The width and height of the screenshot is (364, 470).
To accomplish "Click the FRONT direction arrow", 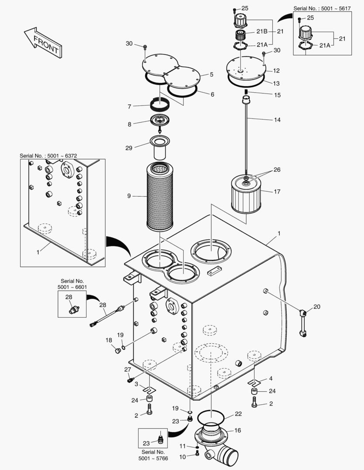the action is pos(43,42).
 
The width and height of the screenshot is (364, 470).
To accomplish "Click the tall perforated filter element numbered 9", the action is pos(160,196).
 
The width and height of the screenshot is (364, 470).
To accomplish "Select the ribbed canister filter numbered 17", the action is pos(246,195).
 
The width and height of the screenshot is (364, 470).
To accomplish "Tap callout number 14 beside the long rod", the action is pos(277,120).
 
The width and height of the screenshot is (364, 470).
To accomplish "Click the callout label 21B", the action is pos(262,31).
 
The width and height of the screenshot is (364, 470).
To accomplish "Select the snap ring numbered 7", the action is pos(160,104).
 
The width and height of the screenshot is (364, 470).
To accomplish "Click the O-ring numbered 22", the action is pos(211,416).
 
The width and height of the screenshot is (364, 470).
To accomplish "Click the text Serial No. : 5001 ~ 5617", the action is pos(322,8).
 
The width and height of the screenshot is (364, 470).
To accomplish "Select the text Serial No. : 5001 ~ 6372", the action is pos(48,156).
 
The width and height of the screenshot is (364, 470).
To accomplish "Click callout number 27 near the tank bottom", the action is pos(128,369).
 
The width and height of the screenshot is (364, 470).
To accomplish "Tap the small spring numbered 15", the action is pos(246,91).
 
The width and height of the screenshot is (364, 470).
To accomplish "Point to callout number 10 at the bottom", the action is pos(183,457).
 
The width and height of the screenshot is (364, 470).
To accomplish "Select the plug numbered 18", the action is pos(118,350).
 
